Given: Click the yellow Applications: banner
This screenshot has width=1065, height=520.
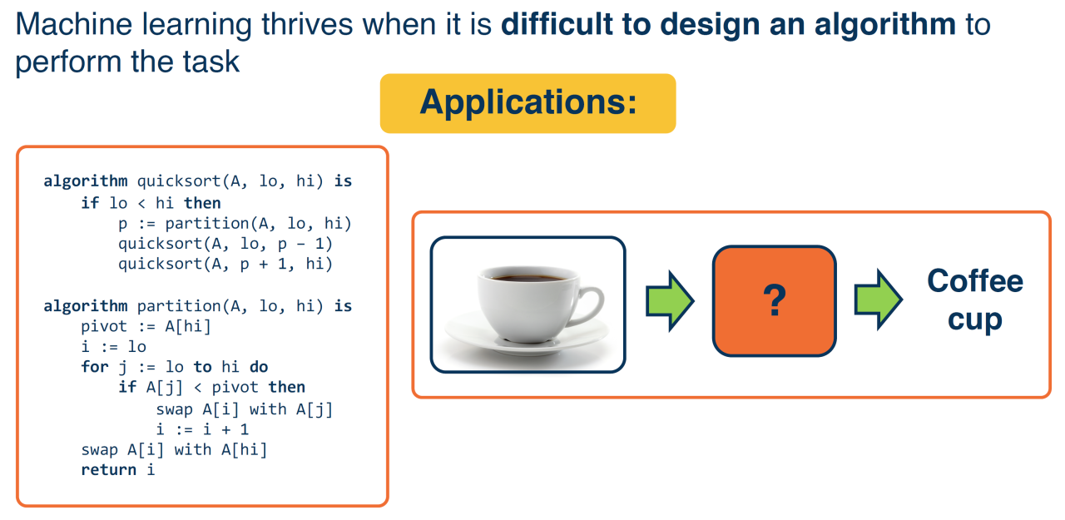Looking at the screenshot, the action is point(528,103).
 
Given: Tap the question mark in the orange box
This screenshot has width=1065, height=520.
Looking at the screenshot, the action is point(775,300).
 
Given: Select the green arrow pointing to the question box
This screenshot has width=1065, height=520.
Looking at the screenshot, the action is point(670,301).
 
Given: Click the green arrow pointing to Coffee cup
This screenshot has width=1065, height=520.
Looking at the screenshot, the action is point(878,300).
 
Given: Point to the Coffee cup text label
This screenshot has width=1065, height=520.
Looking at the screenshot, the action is point(975,300).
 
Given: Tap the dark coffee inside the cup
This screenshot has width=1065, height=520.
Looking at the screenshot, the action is point(528,277).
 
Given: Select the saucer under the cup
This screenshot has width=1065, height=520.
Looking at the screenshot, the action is point(527,335).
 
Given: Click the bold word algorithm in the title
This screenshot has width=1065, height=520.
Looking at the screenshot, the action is point(884,25).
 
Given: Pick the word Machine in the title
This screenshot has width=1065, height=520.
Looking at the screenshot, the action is point(74,24).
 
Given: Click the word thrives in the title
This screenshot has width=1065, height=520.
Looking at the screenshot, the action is point(307,24).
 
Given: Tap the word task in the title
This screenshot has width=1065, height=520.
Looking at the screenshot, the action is point(211,62).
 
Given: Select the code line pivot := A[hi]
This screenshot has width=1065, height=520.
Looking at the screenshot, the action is point(146,326).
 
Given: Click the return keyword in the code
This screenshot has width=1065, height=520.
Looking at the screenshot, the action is point(108,470).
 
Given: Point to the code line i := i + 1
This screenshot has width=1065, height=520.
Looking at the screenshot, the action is point(202,429).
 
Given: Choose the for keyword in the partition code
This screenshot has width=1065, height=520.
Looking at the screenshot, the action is point(95,366).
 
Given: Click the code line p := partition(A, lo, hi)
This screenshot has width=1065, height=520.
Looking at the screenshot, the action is point(235,224).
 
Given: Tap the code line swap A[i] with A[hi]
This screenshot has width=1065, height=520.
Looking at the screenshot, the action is point(174,449).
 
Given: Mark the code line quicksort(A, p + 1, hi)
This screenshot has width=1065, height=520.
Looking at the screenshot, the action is point(225,264).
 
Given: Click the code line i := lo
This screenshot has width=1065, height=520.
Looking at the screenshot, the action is point(113,346).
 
